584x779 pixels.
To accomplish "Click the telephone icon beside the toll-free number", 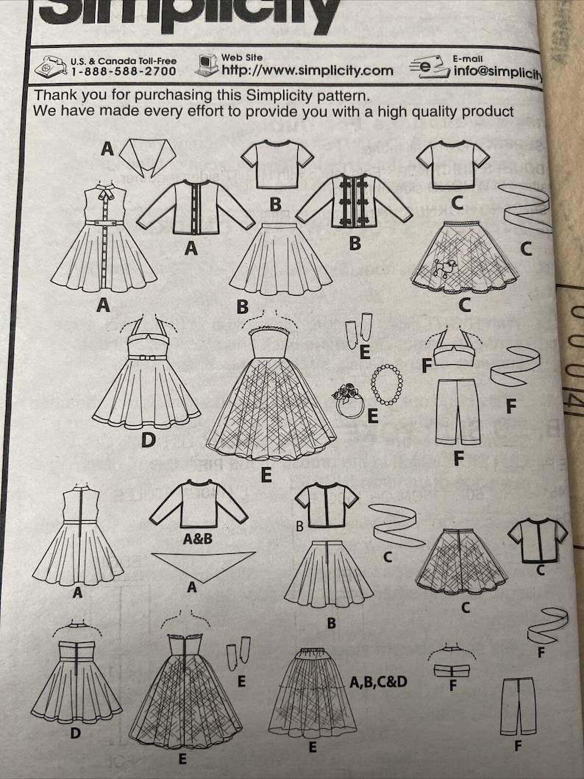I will click(x=50, y=67).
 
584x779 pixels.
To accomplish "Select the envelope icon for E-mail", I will click(x=430, y=67).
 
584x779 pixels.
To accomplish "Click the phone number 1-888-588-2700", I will click(x=124, y=71).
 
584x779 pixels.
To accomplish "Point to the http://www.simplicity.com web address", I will click(x=307, y=71).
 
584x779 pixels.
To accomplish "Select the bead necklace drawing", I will click(x=386, y=383).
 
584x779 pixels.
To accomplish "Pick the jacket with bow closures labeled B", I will click(x=354, y=202).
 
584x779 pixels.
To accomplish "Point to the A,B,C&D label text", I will click(x=378, y=681).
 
